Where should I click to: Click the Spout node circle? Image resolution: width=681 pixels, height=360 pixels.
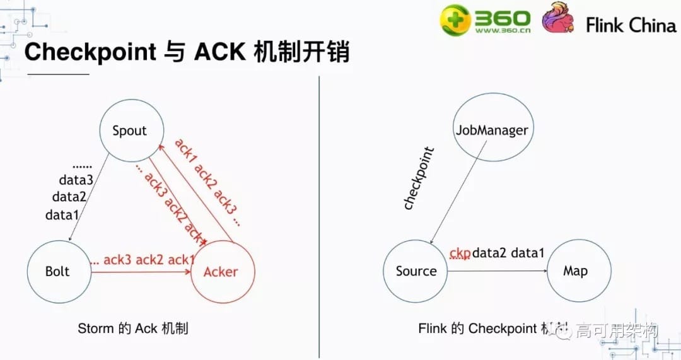click(129, 131)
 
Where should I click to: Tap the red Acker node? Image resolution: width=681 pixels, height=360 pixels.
click(221, 272)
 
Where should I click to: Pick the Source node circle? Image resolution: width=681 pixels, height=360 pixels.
click(416, 271)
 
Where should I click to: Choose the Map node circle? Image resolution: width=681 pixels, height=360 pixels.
click(575, 271)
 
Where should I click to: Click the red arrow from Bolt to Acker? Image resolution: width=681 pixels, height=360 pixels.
click(142, 272)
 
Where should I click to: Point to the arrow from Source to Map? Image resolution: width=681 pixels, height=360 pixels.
click(498, 271)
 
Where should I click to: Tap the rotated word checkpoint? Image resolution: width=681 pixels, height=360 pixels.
click(419, 178)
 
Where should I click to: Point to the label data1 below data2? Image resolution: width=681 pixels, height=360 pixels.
click(62, 215)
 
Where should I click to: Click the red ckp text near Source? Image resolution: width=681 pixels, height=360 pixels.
click(460, 253)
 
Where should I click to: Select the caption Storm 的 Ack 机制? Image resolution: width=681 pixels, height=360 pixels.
click(133, 328)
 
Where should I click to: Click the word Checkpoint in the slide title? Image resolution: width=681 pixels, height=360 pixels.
click(90, 52)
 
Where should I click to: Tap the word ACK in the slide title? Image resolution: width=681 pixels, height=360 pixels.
click(219, 52)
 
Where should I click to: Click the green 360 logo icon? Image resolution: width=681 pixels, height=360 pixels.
click(455, 20)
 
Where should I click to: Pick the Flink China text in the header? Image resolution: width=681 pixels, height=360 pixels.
click(631, 25)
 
